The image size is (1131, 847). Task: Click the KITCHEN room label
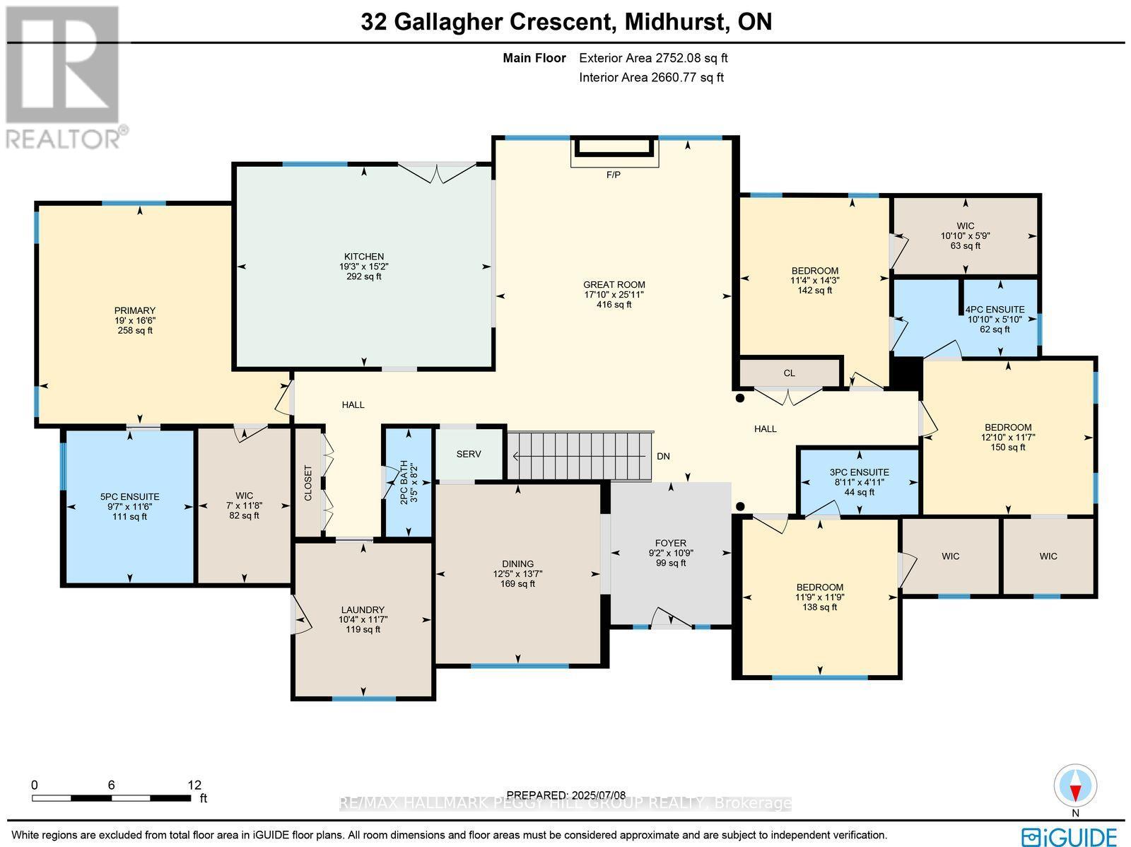pyautogui.click(x=363, y=257)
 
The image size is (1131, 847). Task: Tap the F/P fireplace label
pyautogui.click(x=614, y=175)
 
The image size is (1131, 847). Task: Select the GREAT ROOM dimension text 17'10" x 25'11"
pyautogui.click(x=614, y=295)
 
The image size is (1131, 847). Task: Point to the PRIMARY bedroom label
pyautogui.click(x=135, y=310)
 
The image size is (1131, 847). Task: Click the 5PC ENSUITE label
pyautogui.click(x=129, y=497)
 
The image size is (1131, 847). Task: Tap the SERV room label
pyautogui.click(x=468, y=454)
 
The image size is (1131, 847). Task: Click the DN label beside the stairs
pyautogui.click(x=663, y=457)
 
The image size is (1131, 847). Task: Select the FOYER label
pyautogui.click(x=670, y=543)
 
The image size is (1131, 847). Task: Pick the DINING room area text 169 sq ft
pyautogui.click(x=517, y=584)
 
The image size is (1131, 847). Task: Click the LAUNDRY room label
pyautogui.click(x=363, y=609)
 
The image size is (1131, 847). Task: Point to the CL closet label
pyautogui.click(x=790, y=373)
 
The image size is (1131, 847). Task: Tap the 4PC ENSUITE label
pyautogui.click(x=995, y=309)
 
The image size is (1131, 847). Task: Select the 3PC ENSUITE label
pyautogui.click(x=859, y=472)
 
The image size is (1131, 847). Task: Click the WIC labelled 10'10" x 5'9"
pyautogui.click(x=966, y=236)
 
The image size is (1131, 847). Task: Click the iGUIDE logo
pyautogui.click(x=1072, y=836)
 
